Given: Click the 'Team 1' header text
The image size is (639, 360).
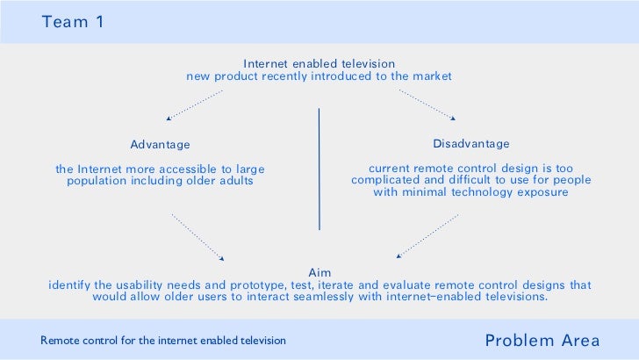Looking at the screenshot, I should click(x=73, y=22).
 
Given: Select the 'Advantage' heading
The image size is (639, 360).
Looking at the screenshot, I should click(x=160, y=144).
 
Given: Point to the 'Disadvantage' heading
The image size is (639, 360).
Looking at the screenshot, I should click(x=470, y=143).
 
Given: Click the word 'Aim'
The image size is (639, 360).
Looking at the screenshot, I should click(x=319, y=272).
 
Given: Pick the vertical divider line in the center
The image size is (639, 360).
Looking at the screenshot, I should click(x=319, y=169).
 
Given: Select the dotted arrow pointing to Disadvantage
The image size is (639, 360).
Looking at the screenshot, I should click(x=427, y=104).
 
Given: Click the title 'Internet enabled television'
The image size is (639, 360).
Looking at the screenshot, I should click(x=319, y=63).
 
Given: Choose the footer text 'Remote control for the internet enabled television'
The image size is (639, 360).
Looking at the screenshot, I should click(x=163, y=340).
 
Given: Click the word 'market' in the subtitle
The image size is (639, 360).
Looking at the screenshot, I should click(x=431, y=76).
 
